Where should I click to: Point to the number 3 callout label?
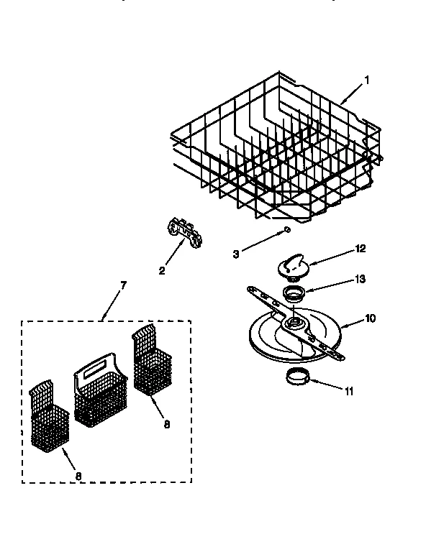coord(237,253)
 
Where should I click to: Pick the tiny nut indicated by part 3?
coord(286,229)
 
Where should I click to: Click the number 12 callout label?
coord(361,249)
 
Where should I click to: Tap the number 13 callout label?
coord(361,279)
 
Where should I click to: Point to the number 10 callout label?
coord(370,318)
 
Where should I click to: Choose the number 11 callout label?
coord(350,392)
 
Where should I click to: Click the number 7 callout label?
coord(123,285)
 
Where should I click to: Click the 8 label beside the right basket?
coord(167,424)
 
